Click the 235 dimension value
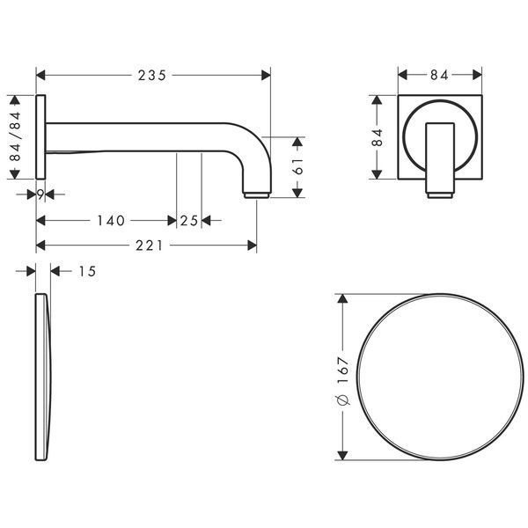pyautogui.click(x=152, y=76)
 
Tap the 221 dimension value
pyautogui.click(x=150, y=246)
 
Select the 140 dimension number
pyautogui.click(x=111, y=221)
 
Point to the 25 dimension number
pyautogui.click(x=189, y=221)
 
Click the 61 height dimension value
pyautogui.click(x=298, y=166)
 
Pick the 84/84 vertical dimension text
pyautogui.click(x=15, y=136)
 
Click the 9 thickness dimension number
pyautogui.click(x=40, y=194)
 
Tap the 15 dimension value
pyautogui.click(x=87, y=271)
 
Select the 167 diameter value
pyautogui.click(x=343, y=370)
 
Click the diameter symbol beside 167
pyautogui.click(x=343, y=399)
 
